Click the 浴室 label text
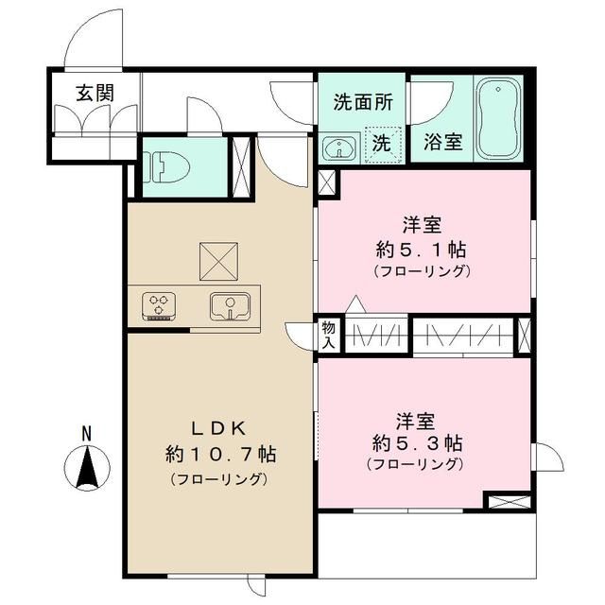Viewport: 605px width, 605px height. coord(441,144)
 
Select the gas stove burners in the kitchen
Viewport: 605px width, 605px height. coord(159,305)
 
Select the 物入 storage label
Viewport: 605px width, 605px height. coord(329,335)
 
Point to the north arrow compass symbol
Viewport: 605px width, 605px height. coord(86,468)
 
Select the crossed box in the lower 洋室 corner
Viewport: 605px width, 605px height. coord(508,501)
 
